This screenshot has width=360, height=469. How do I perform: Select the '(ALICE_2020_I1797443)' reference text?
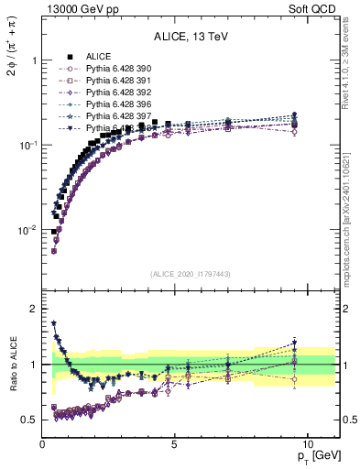click(191, 274)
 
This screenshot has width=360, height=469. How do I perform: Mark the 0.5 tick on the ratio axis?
click(27, 420)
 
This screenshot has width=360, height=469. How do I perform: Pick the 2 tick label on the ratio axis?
click(32, 309)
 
